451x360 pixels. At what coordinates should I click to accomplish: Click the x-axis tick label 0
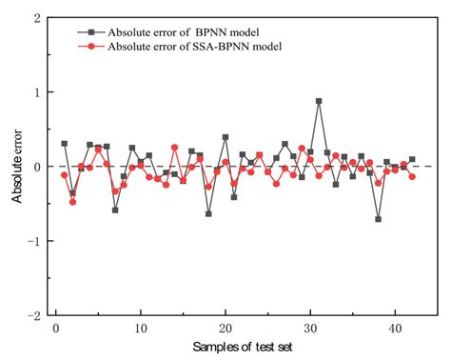tap(56, 329)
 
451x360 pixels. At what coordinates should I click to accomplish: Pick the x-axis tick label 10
tap(141, 329)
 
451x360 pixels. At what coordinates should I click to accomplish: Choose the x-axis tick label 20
tap(225, 329)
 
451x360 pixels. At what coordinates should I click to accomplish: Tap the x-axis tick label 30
tap(310, 329)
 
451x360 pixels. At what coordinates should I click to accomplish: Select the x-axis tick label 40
tap(395, 329)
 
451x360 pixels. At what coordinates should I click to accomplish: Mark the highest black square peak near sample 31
tap(319, 101)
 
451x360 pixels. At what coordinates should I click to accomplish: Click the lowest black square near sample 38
tap(378, 219)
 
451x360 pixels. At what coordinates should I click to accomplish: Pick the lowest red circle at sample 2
tap(73, 202)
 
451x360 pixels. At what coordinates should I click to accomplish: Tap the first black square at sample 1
tap(65, 144)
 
